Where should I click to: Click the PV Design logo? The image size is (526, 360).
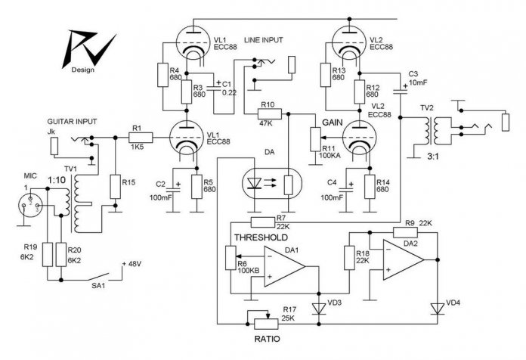pos(88,51)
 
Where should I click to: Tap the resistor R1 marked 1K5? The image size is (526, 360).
pos(141,138)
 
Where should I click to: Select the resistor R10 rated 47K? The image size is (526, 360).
pos(270,114)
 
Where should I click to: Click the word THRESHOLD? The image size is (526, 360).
pos(261,237)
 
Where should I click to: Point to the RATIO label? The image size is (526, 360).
pos(267,339)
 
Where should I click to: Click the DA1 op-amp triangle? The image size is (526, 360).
pos(284,267)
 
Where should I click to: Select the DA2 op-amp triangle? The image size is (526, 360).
pos(404,259)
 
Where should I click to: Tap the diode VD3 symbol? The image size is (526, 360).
pos(319,309)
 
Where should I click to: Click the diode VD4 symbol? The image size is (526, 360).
pos(438,309)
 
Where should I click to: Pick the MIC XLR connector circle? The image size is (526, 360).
pos(30,205)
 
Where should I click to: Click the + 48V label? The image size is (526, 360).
pos(131,264)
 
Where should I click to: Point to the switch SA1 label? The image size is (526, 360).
pos(98,286)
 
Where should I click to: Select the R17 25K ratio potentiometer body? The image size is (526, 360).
pos(266,324)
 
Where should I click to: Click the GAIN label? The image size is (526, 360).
pos(333,123)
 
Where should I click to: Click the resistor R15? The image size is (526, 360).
pos(116,186)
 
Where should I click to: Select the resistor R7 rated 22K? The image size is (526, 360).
pos(263,222)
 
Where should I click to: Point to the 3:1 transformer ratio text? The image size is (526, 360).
pos(433,156)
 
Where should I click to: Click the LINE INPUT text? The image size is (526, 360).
pos(263,40)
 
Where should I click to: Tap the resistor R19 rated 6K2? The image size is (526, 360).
pos(48,255)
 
